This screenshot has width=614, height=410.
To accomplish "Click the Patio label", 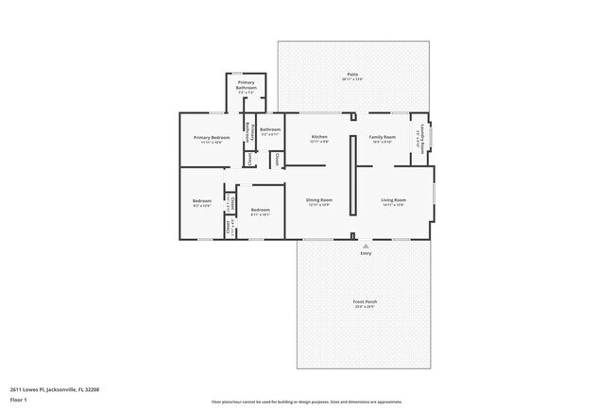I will [351, 74].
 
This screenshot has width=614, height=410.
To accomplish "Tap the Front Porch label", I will [365, 301].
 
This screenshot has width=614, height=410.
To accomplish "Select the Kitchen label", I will [319, 137].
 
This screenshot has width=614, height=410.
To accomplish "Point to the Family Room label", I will [382, 137].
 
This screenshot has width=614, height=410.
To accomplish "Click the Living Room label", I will [393, 199].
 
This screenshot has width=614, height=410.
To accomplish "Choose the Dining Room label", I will [319, 199].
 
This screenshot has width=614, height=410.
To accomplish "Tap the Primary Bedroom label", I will [212, 137].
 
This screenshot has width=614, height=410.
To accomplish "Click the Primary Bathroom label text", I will [247, 85].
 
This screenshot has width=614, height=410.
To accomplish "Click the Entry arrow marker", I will [366, 245].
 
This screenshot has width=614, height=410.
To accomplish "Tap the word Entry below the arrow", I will [366, 253].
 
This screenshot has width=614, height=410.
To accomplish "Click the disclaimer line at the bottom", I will [306, 401].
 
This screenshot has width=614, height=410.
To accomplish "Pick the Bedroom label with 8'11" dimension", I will [260, 210].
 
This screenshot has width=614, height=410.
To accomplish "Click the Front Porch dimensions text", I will [365, 307].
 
